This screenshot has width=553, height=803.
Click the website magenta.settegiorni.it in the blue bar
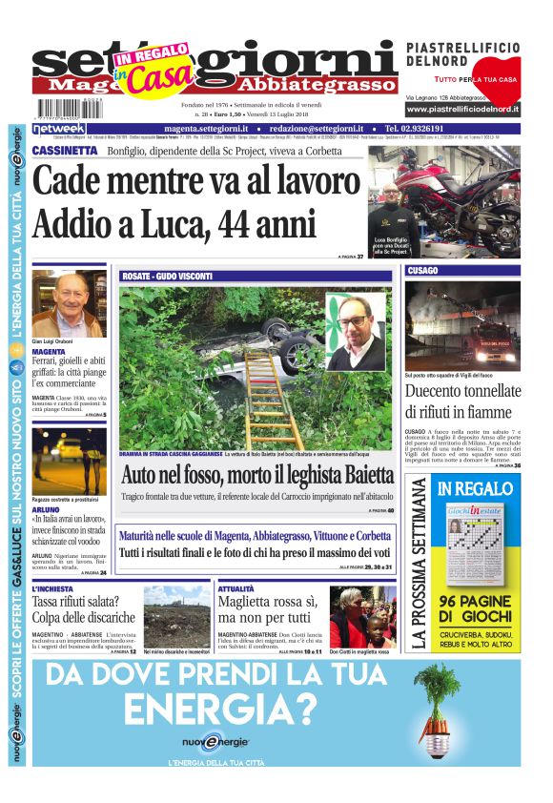point(206,129)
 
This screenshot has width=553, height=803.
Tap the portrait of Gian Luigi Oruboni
point(69,304)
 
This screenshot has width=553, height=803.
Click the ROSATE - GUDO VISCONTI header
point(167,277)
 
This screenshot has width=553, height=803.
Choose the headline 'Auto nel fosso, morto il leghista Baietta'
point(256,474)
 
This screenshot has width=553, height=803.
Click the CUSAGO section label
point(422,271)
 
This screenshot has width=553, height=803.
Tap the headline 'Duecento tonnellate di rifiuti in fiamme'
point(462,401)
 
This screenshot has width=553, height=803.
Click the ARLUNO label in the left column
point(47,509)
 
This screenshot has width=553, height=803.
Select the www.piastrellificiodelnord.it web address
point(462,110)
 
